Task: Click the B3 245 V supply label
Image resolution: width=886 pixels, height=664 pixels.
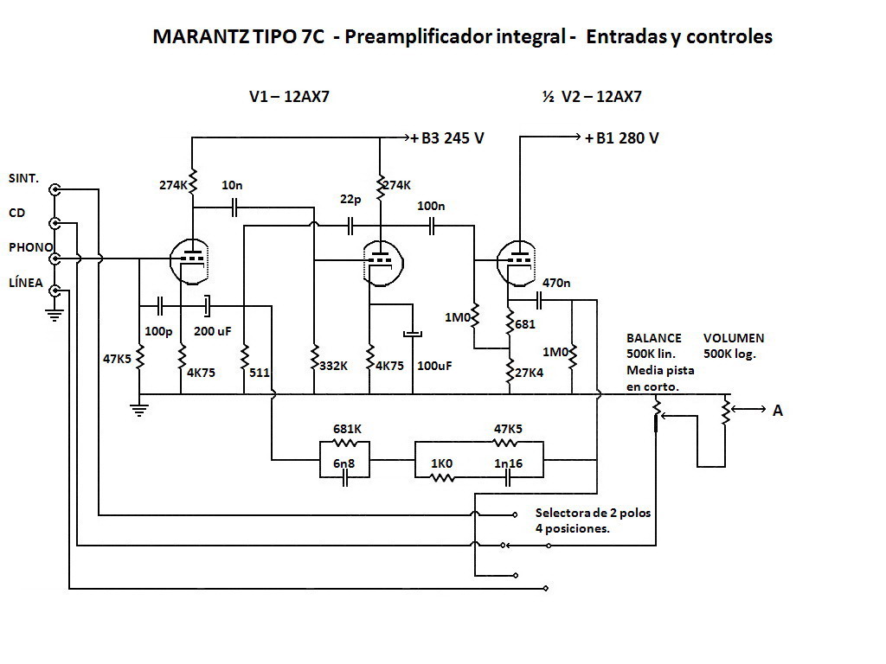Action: coord(446,138)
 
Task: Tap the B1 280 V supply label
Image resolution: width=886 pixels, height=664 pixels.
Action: coord(621,138)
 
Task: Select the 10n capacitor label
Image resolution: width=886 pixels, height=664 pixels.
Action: coord(232,185)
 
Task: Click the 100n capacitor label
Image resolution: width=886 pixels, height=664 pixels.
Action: coord(431,206)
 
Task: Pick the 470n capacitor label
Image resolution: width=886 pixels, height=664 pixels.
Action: coord(556,282)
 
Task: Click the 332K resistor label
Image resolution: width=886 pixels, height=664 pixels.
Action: coord(334,365)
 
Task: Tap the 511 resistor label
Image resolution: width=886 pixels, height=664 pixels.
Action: coord(260,373)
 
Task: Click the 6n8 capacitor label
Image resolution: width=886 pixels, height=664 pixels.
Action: coord(345,463)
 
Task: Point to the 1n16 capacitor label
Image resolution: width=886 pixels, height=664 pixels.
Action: coord(509,463)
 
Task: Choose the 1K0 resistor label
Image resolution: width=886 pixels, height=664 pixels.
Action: coord(442,463)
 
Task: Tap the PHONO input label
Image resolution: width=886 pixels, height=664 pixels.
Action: coord(31,247)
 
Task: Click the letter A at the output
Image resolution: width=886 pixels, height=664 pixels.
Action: coord(777,411)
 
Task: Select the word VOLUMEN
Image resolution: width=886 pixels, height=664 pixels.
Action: coord(734,338)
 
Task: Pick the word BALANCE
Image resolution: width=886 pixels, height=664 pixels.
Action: coord(654,338)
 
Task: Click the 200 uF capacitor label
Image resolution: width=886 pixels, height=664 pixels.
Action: coord(211,331)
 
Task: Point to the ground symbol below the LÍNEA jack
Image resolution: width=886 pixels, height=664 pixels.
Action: coord(55,316)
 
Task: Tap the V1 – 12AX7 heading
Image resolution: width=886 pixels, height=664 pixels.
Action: coord(289,97)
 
